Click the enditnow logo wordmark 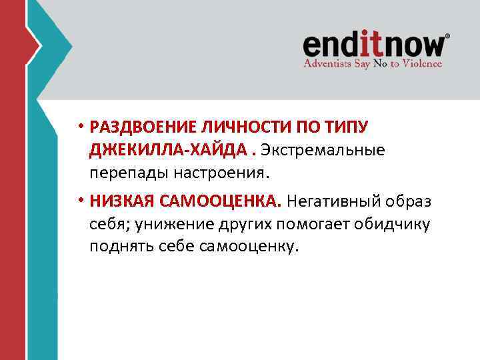[375, 45]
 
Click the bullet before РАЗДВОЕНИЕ [80, 127]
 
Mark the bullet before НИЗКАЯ [80, 201]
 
